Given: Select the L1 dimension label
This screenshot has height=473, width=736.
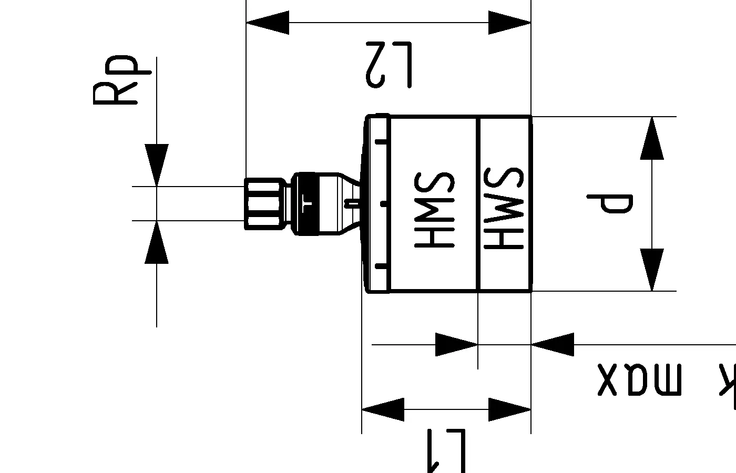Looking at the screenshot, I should [x=446, y=450].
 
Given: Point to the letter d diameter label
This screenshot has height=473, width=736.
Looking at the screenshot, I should [x=610, y=204].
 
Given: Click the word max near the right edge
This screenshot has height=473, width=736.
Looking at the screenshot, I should [x=639, y=379].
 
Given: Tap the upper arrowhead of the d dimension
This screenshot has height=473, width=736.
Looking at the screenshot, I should [x=652, y=138].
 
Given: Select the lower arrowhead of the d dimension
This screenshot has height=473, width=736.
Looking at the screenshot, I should [x=652, y=270].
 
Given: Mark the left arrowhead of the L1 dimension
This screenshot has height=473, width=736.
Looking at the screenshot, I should [x=383, y=409].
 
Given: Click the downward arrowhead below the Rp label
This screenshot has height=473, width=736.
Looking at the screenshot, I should [x=157, y=164].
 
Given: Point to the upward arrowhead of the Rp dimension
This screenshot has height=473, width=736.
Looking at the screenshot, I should [x=157, y=242].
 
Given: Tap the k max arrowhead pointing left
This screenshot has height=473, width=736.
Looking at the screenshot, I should [x=552, y=344].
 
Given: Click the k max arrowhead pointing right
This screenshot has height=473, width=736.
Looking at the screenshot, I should [x=456, y=344].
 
